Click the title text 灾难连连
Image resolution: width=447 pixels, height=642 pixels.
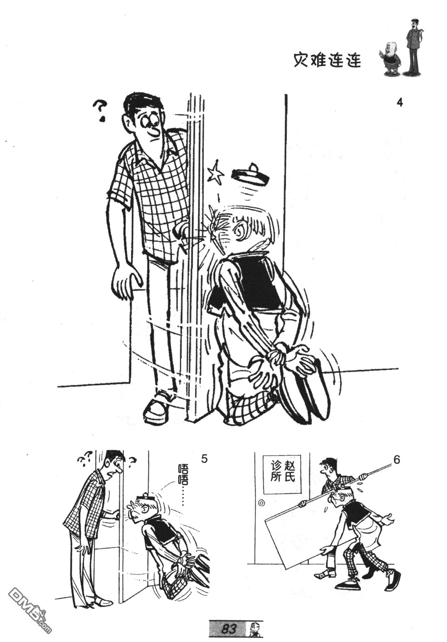[x=327, y=60]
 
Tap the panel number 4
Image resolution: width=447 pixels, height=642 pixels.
[x=400, y=102]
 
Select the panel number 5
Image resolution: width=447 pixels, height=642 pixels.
[x=204, y=459]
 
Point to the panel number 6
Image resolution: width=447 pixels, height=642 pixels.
[x=397, y=460]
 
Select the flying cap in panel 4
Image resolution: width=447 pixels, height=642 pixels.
[x=251, y=175]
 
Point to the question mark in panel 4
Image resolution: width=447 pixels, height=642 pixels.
[x=100, y=110]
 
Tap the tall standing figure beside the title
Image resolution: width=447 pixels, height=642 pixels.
[x=413, y=47]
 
